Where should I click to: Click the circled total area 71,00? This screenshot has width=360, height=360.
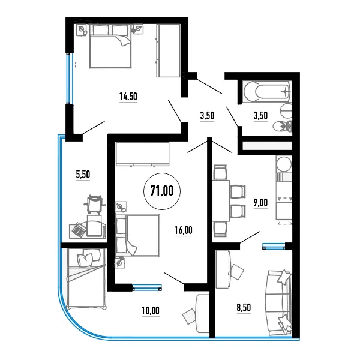point(162,191)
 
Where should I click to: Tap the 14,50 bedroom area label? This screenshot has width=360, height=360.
point(128,97)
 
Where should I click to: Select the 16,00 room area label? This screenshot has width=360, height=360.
point(183,230)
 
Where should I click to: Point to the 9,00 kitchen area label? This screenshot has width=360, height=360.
point(260,203)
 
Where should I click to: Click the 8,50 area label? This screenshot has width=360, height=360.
point(244,307)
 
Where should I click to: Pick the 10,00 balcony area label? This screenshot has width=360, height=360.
point(151,311)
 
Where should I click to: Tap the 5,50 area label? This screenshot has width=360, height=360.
point(83,175)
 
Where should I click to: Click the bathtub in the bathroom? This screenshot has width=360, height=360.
point(267,91)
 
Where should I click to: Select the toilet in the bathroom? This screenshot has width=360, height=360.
point(283,126)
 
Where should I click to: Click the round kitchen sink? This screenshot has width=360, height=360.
point(284,164)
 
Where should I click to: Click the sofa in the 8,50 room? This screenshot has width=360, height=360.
point(278,303)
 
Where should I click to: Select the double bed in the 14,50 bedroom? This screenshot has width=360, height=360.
point(110,47)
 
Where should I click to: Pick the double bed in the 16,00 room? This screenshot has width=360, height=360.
point(137,235)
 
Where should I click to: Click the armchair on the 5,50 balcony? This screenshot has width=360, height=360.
point(94,203)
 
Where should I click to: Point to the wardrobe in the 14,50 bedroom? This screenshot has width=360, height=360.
point(168,50)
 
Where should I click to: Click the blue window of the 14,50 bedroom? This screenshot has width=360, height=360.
point(68,79)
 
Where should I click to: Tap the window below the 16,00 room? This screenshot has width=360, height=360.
point(147,287)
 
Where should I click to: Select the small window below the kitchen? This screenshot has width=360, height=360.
point(274,246)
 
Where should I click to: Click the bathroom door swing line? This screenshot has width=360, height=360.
point(232,116)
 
